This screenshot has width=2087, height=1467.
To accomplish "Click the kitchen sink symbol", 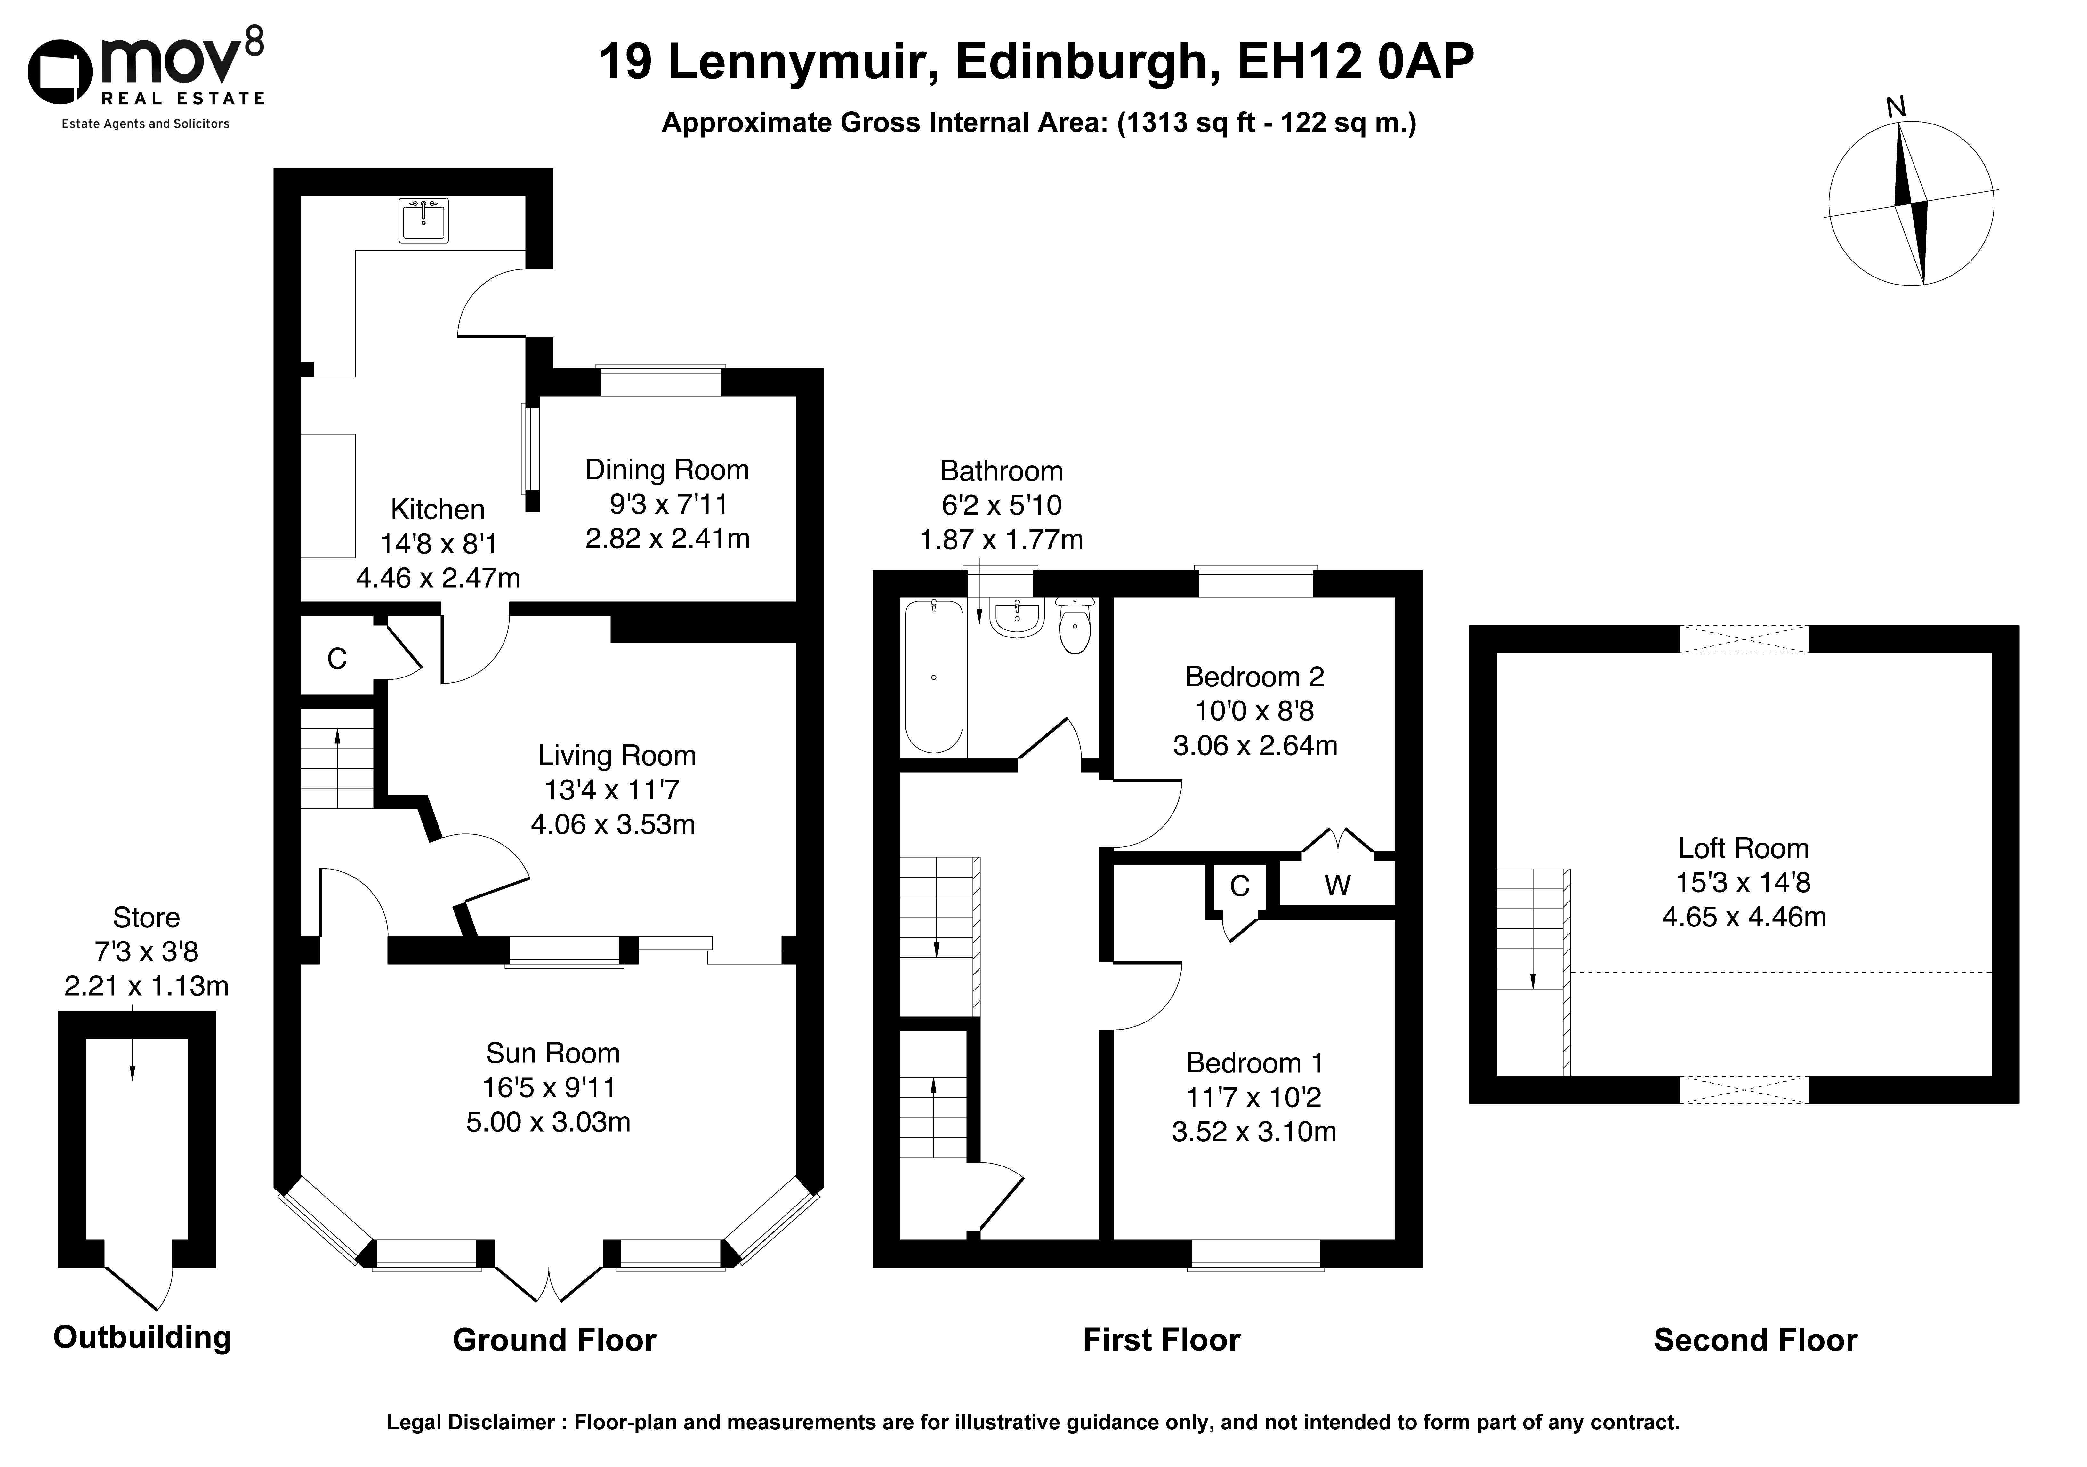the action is [x=423, y=220].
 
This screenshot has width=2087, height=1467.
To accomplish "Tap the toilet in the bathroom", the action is [x=1075, y=625].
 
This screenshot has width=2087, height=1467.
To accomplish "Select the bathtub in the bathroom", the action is [x=933, y=676].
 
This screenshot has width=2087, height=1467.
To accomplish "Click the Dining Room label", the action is [x=667, y=470].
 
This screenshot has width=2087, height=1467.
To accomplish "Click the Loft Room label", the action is [x=1744, y=849].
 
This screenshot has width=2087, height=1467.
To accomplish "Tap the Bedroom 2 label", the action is [x=1254, y=677].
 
